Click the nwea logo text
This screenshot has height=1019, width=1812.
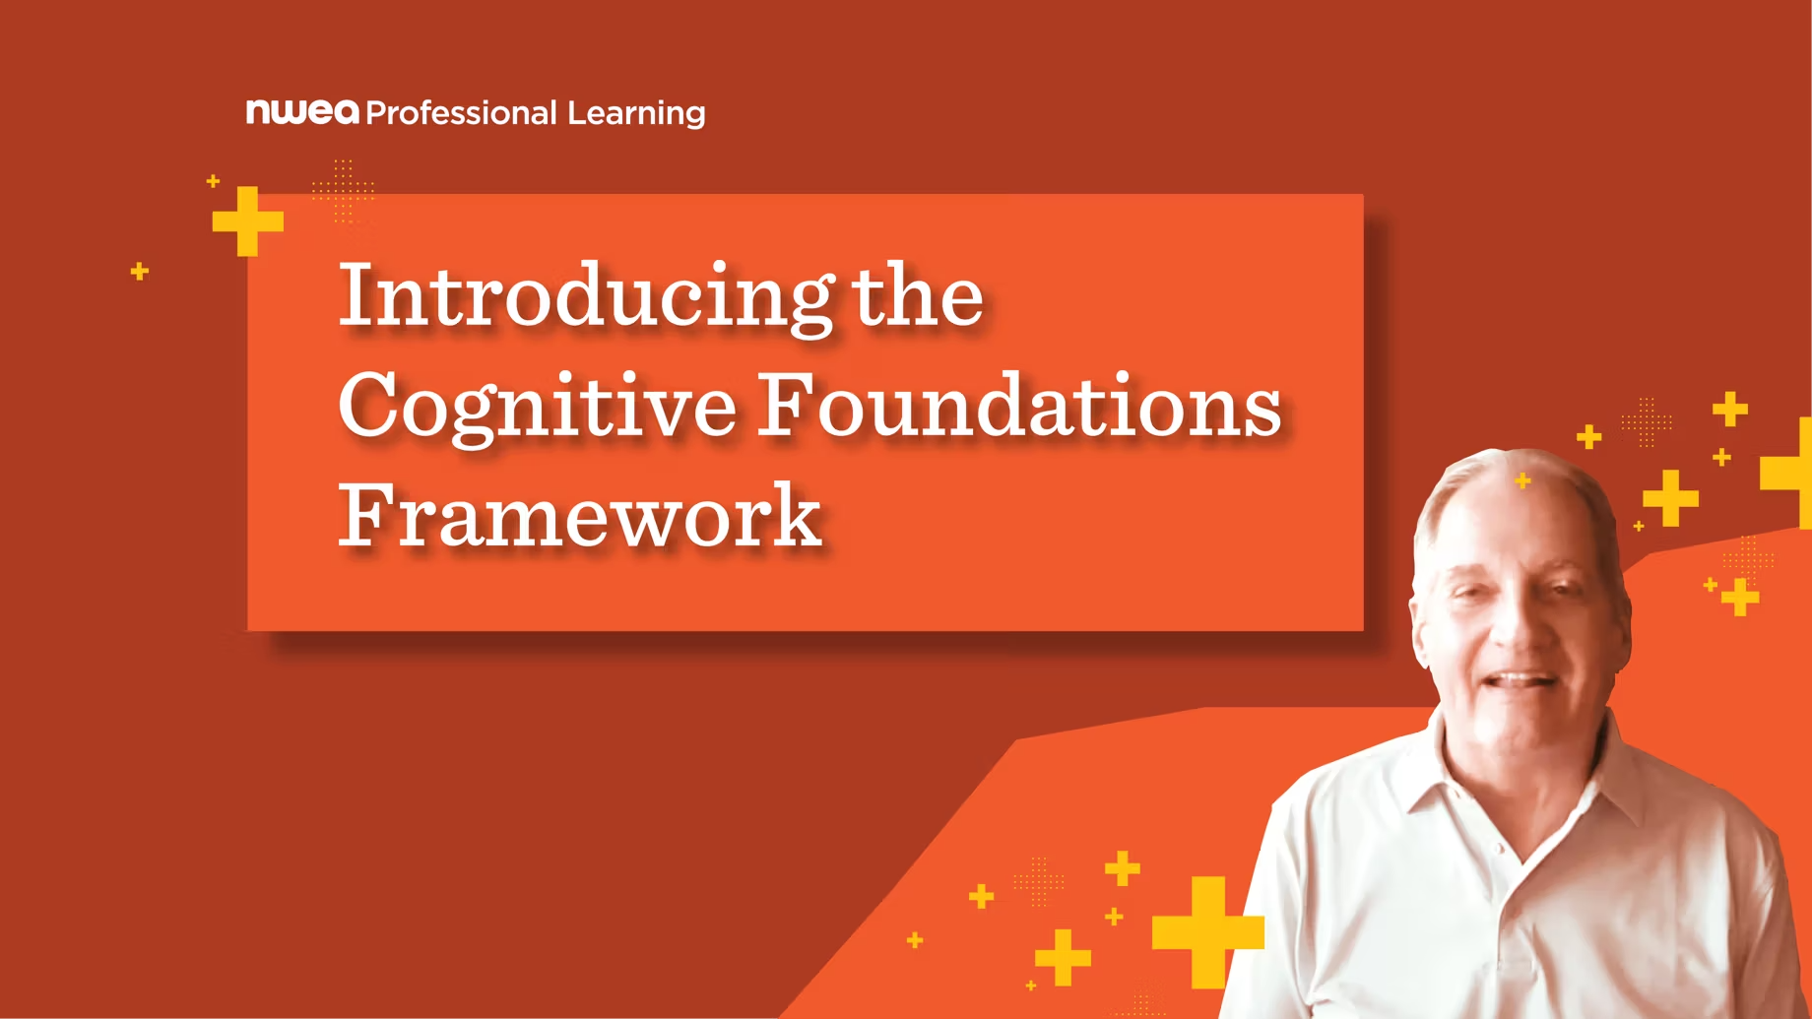pos(302,111)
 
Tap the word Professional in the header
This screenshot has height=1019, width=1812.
pos(462,112)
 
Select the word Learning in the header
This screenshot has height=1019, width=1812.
pos(636,113)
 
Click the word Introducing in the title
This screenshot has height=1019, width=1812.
pos(587,296)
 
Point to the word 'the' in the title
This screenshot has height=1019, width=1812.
pos(918,294)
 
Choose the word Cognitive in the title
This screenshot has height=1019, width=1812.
pos(538,407)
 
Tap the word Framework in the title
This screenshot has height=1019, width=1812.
pos(580,514)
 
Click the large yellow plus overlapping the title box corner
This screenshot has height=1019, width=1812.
pos(248,222)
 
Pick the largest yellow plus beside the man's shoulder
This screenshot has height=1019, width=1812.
pos(1208,931)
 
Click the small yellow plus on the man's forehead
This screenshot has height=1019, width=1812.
pos(1523,480)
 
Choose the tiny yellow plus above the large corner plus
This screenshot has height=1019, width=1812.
pos(213,181)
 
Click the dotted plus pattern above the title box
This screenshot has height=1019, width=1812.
pos(343,190)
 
